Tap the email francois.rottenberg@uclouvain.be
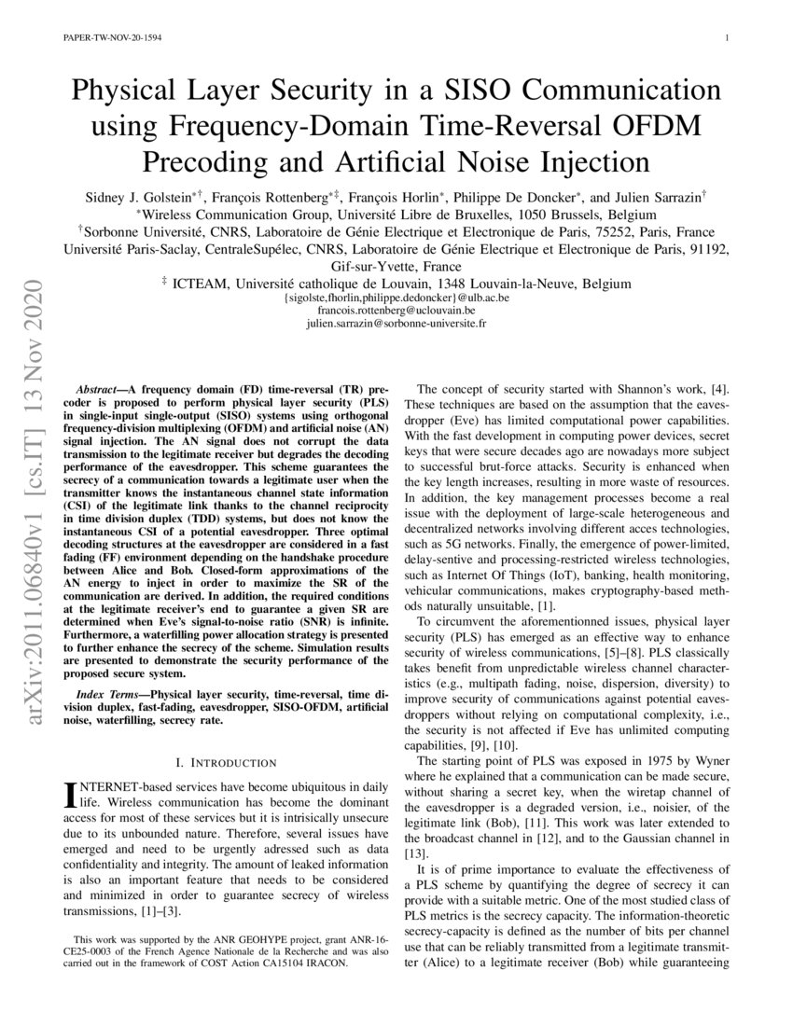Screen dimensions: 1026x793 pos(396,310)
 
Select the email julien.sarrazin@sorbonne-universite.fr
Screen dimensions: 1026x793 pos(396,323)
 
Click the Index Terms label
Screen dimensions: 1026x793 pos(110,694)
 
